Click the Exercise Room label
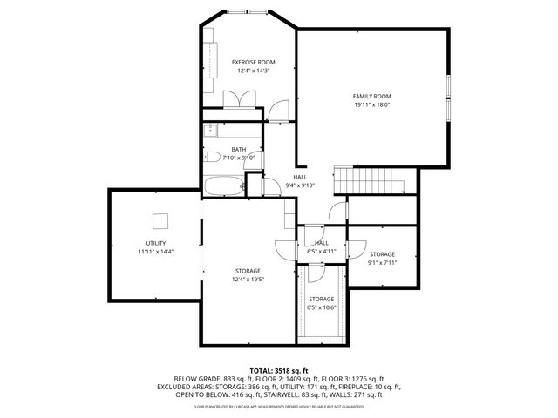point(253,63)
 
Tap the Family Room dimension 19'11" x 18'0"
point(371,104)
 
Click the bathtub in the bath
point(223,185)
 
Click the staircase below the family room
point(371,181)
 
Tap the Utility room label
point(156,243)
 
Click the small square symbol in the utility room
point(160,219)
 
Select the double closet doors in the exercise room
point(238,99)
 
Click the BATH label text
point(238,149)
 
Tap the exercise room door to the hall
point(278,110)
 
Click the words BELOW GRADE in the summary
point(196,379)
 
